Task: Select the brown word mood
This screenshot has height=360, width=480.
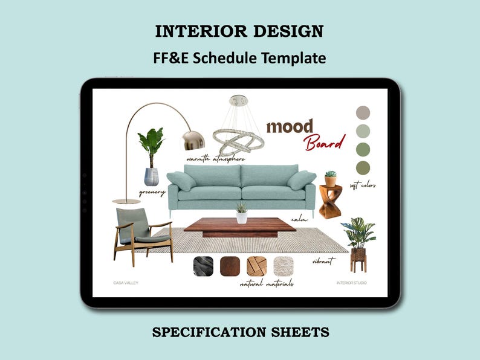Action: tap(290, 127)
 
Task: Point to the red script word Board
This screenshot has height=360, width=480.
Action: tap(324, 143)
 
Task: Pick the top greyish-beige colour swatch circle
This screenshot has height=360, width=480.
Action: tap(363, 112)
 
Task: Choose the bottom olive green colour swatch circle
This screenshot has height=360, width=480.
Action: tap(363, 167)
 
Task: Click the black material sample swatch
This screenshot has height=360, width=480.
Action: tap(202, 266)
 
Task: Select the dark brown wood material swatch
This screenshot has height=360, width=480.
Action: tap(230, 266)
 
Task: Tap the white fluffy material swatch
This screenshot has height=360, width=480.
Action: tap(283, 266)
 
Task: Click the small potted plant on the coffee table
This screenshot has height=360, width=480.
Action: tap(242, 213)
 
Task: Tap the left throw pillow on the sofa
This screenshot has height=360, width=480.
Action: tap(181, 180)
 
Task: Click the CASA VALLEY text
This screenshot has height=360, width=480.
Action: tap(126, 282)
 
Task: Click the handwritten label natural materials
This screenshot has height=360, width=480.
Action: tap(267, 283)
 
